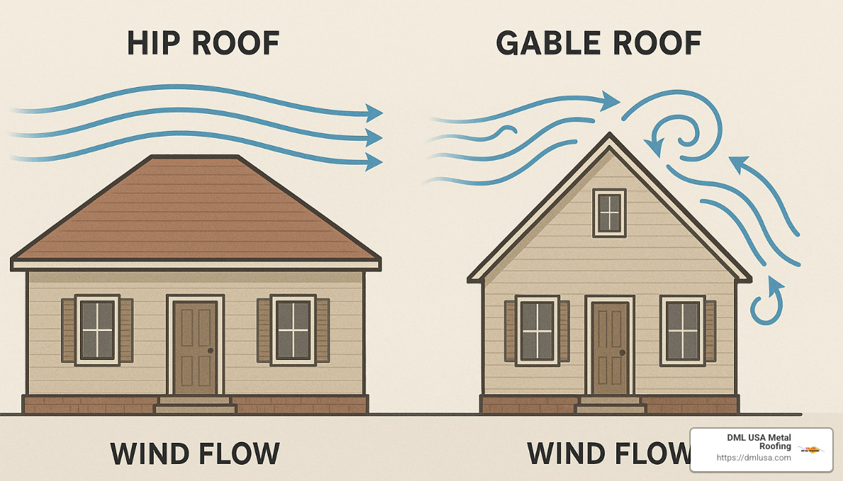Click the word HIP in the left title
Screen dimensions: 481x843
tap(154, 44)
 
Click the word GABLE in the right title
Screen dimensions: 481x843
tap(547, 44)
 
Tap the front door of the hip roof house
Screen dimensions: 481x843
tap(195, 347)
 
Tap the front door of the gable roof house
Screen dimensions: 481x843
tap(610, 347)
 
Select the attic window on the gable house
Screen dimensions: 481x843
tap(609, 213)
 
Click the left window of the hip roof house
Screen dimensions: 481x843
tap(97, 330)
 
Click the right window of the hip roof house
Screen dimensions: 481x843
tap(293, 330)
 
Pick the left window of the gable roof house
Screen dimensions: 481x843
tap(537, 330)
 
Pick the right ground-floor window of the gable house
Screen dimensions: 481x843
tap(683, 330)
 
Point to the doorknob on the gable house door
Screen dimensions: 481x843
tap(622, 352)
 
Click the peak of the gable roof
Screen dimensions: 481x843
tap(609, 134)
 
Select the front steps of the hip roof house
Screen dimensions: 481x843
tap(195, 405)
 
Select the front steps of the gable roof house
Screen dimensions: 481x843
tap(611, 405)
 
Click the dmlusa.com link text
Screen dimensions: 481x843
tap(754, 458)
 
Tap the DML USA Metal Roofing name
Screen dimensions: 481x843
tap(759, 441)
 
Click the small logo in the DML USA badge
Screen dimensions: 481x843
tap(810, 449)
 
